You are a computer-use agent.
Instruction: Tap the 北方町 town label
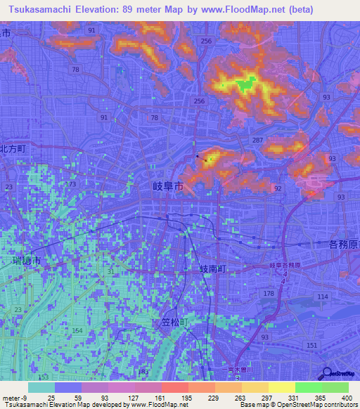pyautogui.click(x=12, y=149)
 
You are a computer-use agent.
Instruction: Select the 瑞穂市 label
pyautogui.click(x=27, y=260)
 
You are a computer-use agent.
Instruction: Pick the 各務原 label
pyautogui.click(x=342, y=245)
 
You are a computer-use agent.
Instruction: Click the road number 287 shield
pyautogui.click(x=257, y=141)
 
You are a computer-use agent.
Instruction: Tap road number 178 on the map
pyautogui.click(x=267, y=293)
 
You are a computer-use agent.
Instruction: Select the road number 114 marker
pyautogui.click(x=323, y=297)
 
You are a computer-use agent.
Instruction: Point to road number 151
pyautogui.click(x=312, y=344)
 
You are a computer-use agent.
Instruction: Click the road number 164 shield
pyautogui.click(x=77, y=330)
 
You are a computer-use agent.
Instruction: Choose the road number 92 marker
pyautogui.click(x=278, y=188)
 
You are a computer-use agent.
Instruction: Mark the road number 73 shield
pyautogui.click(x=73, y=184)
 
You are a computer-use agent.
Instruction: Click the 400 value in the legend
pyautogui.click(x=345, y=398)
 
